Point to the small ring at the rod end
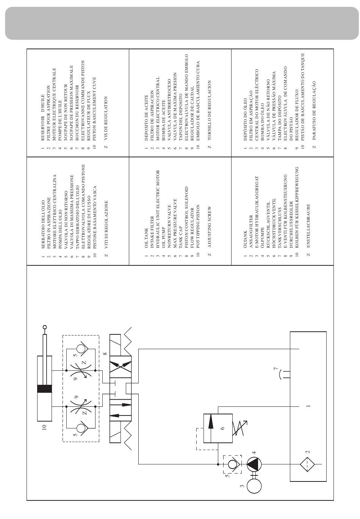point(45,327)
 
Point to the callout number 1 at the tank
point(308,406)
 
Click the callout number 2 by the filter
point(308,452)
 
